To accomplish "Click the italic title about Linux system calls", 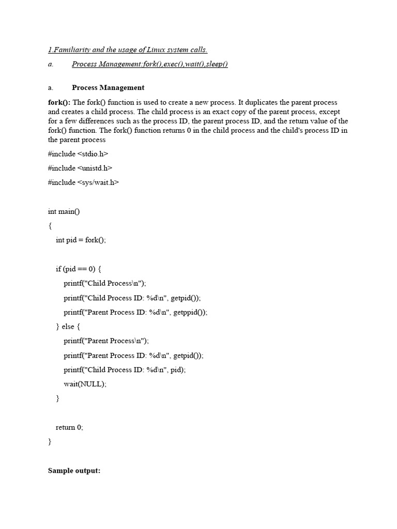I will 128,50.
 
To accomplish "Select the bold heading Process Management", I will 108,87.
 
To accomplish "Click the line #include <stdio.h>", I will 78,153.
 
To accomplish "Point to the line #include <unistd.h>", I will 80,168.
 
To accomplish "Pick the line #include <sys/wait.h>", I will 83,182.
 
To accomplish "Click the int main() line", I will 64,211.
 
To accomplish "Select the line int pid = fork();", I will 81,240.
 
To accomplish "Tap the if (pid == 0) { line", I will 79,269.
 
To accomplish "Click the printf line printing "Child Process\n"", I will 105,283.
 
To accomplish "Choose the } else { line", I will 68,326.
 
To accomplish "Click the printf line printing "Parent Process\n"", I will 106,341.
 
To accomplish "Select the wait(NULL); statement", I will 85,384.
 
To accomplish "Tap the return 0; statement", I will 69,427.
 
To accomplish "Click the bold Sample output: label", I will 74,471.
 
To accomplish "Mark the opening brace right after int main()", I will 50,226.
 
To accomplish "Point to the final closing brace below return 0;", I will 50,442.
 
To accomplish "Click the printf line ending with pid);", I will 124,369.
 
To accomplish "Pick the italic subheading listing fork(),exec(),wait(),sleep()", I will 150,64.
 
